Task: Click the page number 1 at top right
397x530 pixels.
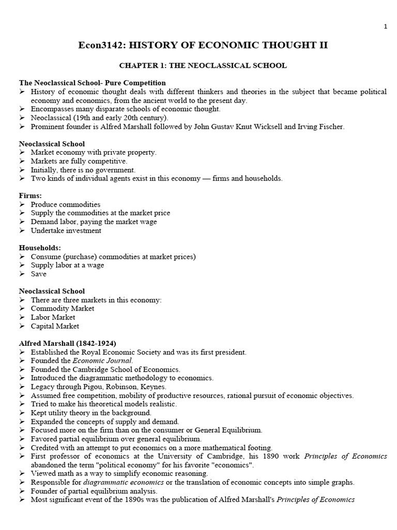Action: click(x=385, y=27)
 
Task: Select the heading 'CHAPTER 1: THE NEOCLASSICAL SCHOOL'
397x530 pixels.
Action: click(x=203, y=66)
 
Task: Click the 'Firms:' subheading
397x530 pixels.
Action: click(x=30, y=196)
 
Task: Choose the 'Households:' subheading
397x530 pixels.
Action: click(x=40, y=248)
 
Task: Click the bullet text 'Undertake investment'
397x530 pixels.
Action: click(x=66, y=231)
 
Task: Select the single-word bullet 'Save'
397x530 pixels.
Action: click(x=38, y=274)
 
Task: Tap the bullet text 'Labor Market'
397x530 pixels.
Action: click(x=53, y=317)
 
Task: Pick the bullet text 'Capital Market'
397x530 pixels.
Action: click(x=55, y=326)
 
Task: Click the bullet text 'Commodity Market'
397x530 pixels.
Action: click(x=62, y=308)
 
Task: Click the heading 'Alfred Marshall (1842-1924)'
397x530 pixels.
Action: click(x=68, y=343)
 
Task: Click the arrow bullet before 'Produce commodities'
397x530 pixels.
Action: click(x=22, y=204)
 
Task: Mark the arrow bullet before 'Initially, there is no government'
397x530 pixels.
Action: click(x=22, y=170)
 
